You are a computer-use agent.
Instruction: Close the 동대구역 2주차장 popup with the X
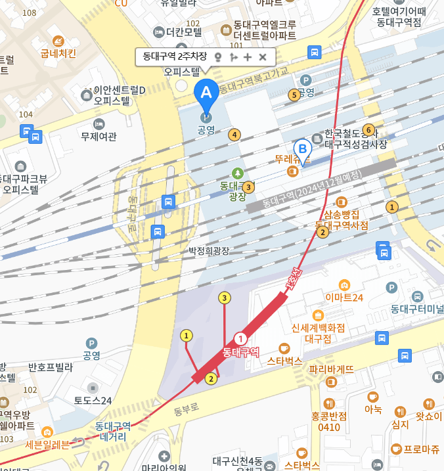coord(263,57)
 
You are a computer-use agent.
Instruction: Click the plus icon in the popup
coord(248,57)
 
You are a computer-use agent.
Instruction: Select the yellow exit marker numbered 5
coord(295,95)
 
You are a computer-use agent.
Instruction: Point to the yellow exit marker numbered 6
coord(368,129)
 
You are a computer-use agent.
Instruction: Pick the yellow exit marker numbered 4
coord(234,135)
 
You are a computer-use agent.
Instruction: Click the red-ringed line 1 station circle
coord(241,339)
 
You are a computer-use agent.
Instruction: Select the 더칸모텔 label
coord(183,32)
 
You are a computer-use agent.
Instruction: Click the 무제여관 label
coord(98,137)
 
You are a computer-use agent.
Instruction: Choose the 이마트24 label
coord(344,297)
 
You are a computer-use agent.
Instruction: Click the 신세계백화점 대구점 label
coord(319,334)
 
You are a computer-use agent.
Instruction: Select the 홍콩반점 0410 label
coord(329,421)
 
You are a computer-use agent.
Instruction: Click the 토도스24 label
coord(93,400)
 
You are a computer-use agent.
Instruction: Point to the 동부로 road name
coord(186,411)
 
